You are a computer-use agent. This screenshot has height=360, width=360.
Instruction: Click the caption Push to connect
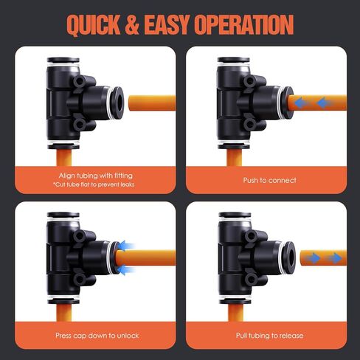point(269,179)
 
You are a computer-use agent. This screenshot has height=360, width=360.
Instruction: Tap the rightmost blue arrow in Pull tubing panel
point(336,258)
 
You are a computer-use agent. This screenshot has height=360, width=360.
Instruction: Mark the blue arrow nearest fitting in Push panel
point(299,103)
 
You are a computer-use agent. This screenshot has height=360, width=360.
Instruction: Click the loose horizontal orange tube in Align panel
point(151,99)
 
